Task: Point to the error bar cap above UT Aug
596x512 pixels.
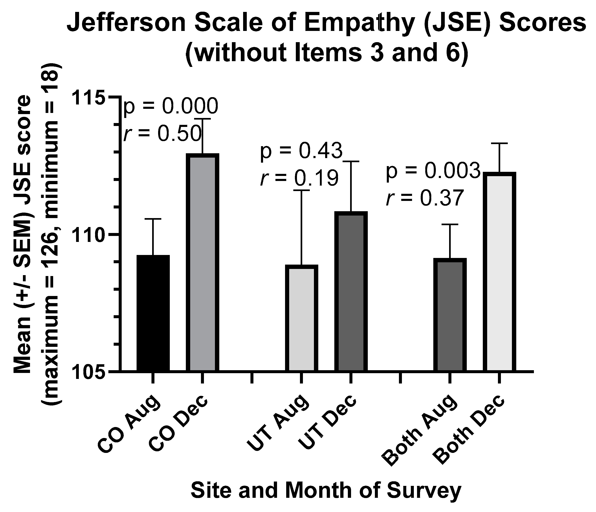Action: point(302,190)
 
